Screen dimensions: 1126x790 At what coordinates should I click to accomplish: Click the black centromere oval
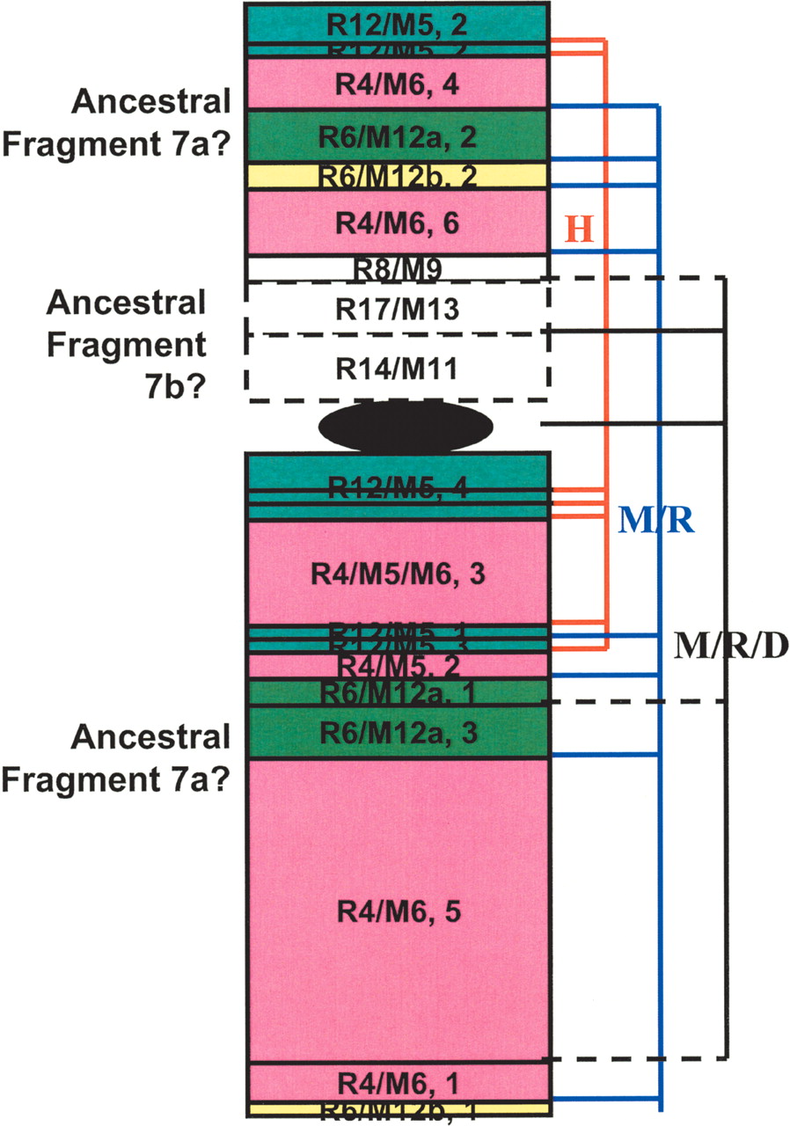405,428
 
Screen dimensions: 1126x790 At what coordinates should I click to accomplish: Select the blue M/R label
656,522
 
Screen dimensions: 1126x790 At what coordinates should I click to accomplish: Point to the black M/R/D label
730,647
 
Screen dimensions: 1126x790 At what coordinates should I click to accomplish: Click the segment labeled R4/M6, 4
398,84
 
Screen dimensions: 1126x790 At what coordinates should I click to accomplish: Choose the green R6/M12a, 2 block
398,136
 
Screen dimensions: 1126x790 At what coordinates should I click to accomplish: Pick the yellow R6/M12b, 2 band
398,177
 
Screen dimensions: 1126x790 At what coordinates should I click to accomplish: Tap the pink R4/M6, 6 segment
398,223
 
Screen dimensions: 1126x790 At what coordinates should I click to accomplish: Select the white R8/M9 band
398,267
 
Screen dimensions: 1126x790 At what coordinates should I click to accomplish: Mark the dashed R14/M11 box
398,369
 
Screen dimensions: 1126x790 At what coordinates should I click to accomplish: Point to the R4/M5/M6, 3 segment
398,574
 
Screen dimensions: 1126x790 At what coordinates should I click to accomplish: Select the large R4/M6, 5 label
398,912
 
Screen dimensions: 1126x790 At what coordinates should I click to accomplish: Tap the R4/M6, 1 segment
398,1081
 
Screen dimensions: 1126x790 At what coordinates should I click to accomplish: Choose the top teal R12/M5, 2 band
398,24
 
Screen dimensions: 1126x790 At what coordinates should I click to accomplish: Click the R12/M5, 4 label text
398,488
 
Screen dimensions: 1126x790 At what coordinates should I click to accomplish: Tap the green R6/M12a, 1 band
398,692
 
